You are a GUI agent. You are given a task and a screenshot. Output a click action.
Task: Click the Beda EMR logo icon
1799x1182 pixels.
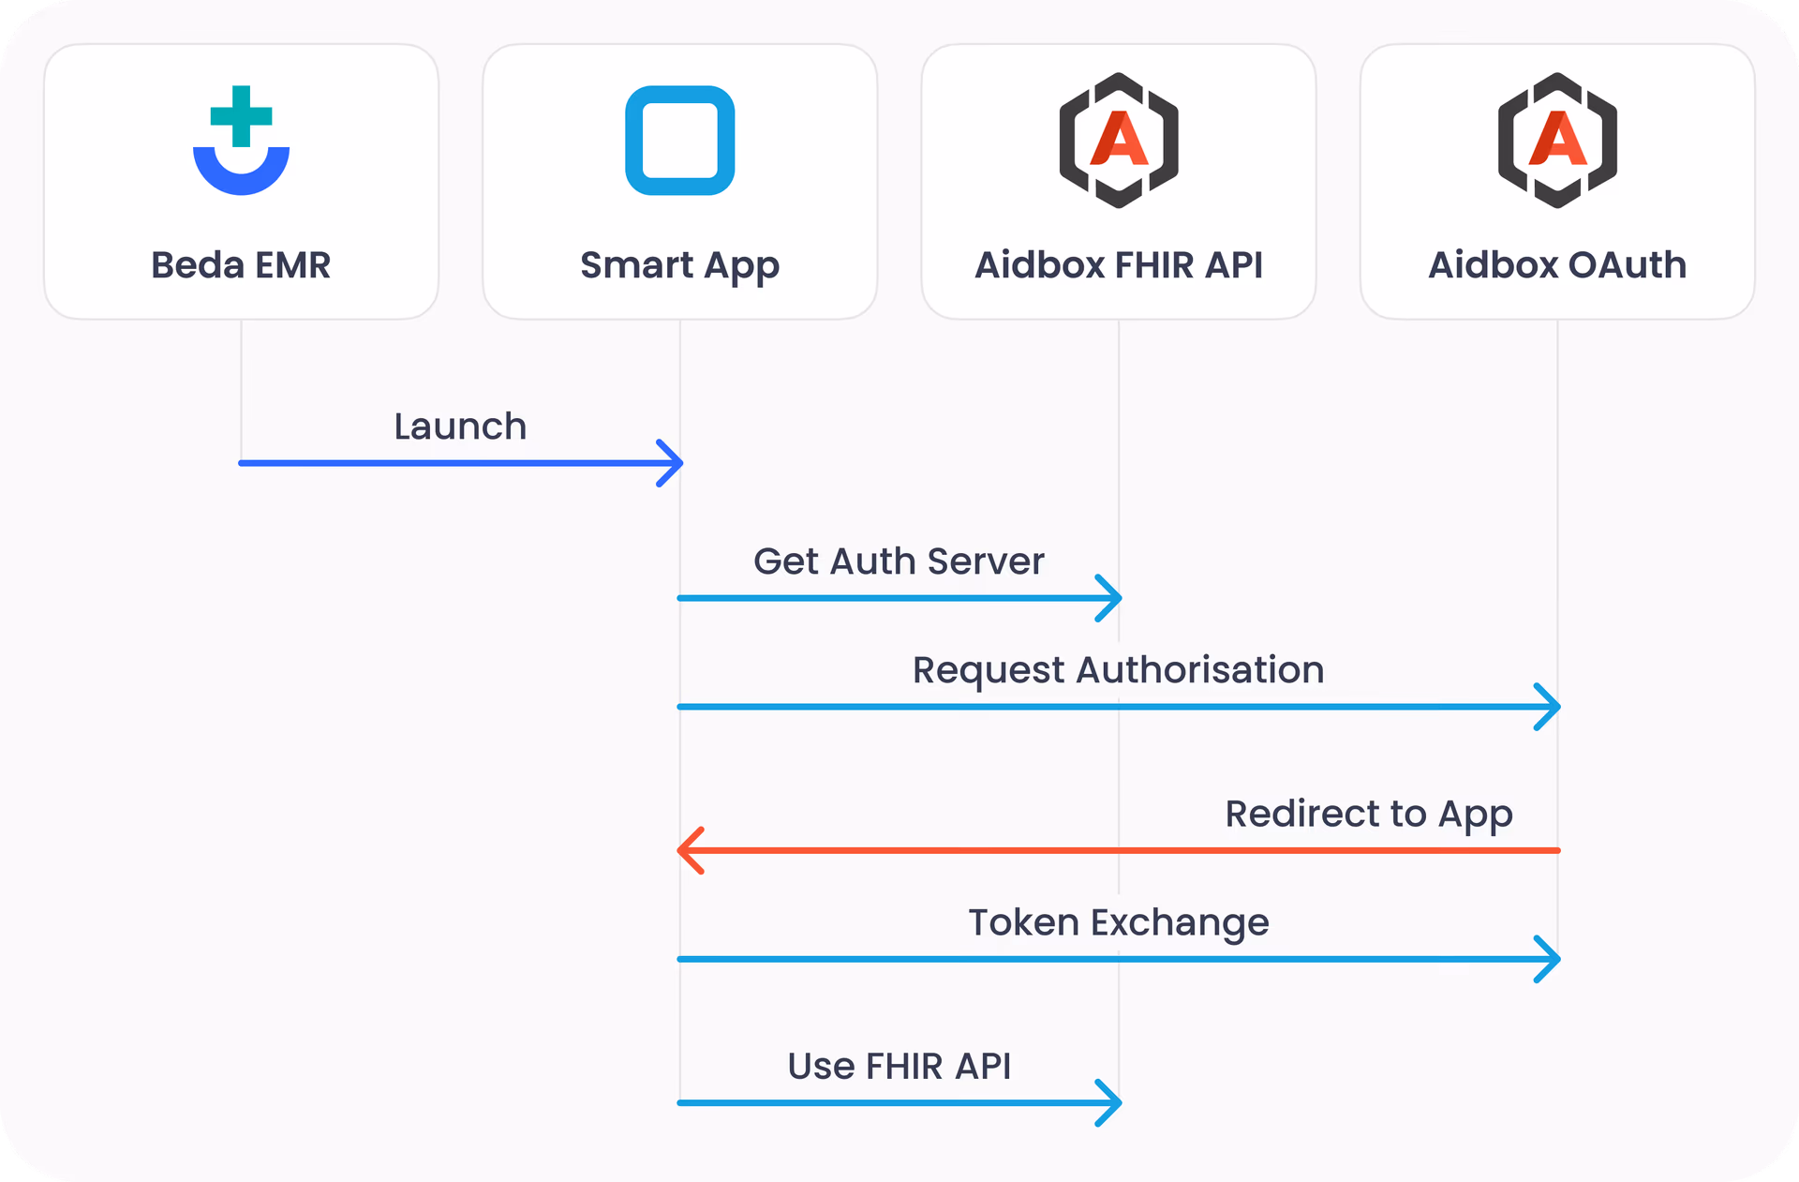tap(241, 141)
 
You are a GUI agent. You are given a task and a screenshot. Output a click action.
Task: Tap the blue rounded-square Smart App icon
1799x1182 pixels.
tap(679, 141)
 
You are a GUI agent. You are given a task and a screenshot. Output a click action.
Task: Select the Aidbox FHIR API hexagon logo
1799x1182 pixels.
tap(1118, 141)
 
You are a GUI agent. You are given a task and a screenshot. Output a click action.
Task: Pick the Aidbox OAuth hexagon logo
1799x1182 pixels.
tap(1556, 141)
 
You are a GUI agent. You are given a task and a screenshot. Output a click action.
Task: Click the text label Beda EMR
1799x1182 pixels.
tap(241, 265)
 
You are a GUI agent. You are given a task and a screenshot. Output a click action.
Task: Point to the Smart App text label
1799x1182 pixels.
tap(679, 266)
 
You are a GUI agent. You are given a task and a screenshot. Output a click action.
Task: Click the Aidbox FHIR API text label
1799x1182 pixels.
tap(1118, 265)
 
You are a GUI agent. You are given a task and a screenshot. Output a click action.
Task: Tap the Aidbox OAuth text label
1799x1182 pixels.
tap(1556, 265)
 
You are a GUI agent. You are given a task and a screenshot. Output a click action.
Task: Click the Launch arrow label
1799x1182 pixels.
tap(460, 426)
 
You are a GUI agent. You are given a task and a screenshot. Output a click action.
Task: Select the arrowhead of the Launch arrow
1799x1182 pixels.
tap(672, 463)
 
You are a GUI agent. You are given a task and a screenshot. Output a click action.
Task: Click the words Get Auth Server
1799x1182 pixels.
tap(899, 561)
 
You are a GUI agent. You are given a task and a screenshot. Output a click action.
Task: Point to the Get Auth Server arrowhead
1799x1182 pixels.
tap(1110, 598)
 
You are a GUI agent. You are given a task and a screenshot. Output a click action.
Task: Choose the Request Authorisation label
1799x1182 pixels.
tap(1118, 670)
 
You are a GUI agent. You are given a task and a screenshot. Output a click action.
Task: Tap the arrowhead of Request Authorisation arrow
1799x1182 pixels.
tap(1549, 707)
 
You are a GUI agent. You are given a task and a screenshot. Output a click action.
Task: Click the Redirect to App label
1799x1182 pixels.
tap(1368, 814)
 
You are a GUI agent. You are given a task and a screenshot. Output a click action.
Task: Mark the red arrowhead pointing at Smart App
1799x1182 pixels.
tap(690, 850)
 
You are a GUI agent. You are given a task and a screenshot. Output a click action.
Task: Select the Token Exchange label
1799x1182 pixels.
tap(1118, 922)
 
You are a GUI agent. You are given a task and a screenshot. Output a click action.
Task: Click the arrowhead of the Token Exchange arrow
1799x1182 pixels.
tap(1549, 959)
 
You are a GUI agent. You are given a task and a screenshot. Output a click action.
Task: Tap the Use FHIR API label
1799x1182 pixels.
tap(899, 1067)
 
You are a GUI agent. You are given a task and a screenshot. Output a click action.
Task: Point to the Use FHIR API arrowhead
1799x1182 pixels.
tap(1110, 1103)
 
